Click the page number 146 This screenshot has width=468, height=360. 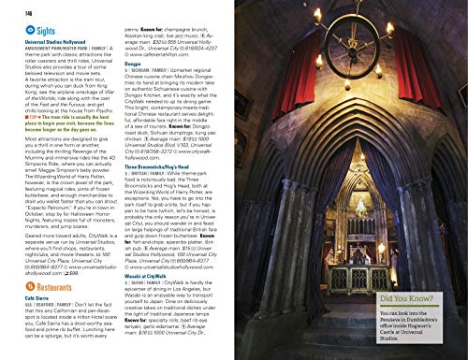[x=15, y=8]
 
